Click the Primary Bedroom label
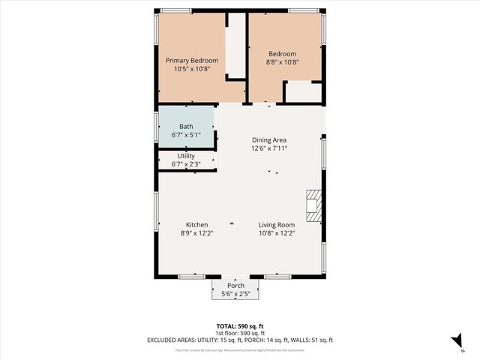[192, 60]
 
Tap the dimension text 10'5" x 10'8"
[192, 68]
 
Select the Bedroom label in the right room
[283, 54]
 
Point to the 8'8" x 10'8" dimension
[283, 62]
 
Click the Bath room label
[186, 127]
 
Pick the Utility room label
[186, 156]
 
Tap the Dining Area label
[269, 140]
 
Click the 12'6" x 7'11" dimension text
[269, 148]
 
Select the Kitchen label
[197, 225]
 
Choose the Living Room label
[277, 225]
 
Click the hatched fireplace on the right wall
[313, 204]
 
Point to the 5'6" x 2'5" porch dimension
[236, 294]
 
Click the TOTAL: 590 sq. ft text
[240, 326]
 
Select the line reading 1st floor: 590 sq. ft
[240, 333]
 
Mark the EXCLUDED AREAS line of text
[240, 340]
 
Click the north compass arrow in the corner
[456, 340]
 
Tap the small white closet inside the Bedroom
[304, 91]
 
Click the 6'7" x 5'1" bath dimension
[186, 135]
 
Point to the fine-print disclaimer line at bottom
[240, 349]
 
